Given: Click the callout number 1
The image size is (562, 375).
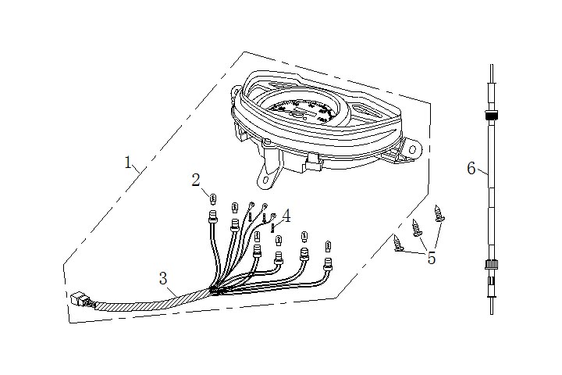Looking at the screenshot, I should coord(128,162).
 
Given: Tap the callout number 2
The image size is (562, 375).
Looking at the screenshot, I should coord(197,180).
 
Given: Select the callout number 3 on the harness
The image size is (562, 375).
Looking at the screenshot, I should coord(162,278).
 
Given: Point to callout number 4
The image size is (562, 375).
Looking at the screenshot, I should coord(287,215).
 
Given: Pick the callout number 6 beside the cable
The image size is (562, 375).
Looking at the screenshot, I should coord(471,169).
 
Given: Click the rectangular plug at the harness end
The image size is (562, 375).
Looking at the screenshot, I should coord(78,299).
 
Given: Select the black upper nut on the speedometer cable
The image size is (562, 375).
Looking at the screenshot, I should coord(492,116).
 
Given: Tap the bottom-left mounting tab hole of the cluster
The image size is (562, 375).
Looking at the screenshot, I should coord(267,181).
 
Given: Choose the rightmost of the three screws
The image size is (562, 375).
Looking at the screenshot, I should coord(437,212).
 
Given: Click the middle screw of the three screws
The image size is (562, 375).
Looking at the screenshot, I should coord(417,227).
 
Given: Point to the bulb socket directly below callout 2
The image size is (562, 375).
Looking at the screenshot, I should coord(212,220).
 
